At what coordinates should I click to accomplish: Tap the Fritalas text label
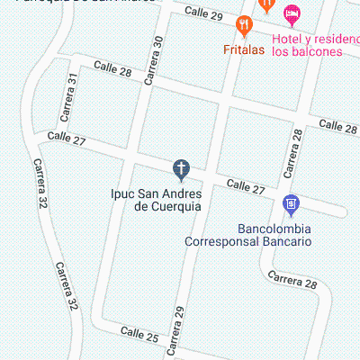click(244, 49)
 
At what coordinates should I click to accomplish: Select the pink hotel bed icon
click(290, 14)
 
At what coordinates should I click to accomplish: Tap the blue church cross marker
click(181, 167)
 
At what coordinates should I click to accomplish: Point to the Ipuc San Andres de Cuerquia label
click(155, 199)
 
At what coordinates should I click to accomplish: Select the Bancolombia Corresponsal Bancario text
click(248, 235)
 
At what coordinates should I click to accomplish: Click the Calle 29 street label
click(203, 13)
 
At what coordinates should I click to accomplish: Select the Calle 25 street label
click(140, 338)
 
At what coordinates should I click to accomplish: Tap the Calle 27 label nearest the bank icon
click(246, 186)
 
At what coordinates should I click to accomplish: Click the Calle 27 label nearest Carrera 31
click(67, 139)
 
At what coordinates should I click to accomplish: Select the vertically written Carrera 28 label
click(292, 152)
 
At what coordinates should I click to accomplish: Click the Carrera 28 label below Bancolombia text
click(292, 283)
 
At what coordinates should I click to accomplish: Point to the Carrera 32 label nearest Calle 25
click(66, 287)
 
